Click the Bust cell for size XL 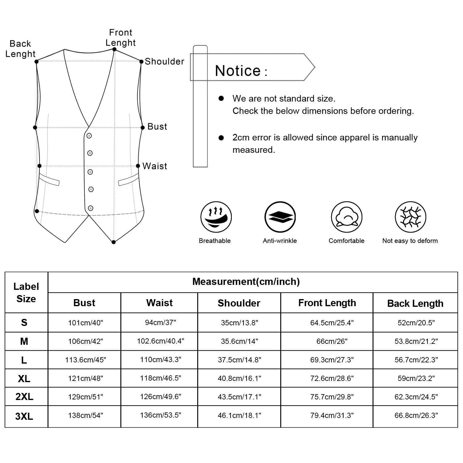coord(86,378)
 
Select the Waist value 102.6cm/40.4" coord(161,341)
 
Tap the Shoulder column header coord(239,303)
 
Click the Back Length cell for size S coord(416,323)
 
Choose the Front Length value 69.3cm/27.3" coord(332,360)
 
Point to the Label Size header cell coord(26,293)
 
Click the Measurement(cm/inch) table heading coord(246,282)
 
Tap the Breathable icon coord(216,217)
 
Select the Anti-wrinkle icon coord(280,217)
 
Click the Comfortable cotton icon coord(346,217)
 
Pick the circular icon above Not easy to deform coord(410,217)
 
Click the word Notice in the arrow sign coord(238,71)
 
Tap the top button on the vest coord(89,136)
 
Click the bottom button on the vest coord(90,208)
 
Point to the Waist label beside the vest coord(155,166)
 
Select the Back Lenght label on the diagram coord(20,49)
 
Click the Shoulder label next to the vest coord(164,61)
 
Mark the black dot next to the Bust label coord(143,127)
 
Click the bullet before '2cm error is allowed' coord(221,138)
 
